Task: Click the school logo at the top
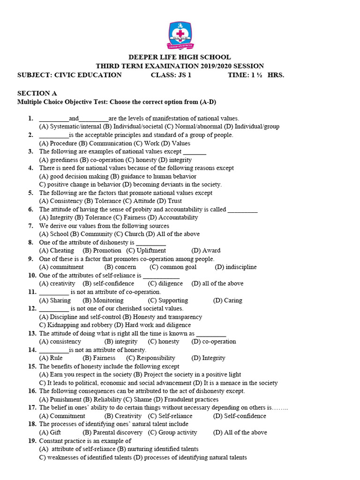click(180, 35)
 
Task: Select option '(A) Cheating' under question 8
click(56, 250)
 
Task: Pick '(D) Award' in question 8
click(206, 250)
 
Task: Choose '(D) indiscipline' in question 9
click(236, 267)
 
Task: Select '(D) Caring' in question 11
click(227, 300)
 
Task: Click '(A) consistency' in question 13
click(60, 342)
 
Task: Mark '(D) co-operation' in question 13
click(214, 342)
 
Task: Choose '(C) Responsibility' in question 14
click(150, 358)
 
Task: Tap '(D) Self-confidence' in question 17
click(239, 416)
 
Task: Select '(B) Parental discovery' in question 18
click(112, 432)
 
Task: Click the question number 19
click(32, 441)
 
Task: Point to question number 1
click(31, 119)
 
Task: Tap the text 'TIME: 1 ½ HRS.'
click(255, 75)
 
